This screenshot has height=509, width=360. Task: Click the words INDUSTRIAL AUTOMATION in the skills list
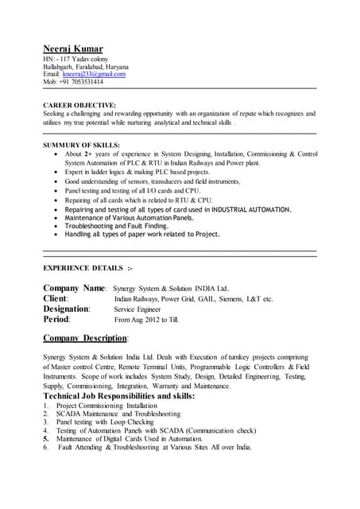click(x=248, y=209)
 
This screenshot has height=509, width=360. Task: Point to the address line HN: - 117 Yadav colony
click(x=79, y=60)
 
